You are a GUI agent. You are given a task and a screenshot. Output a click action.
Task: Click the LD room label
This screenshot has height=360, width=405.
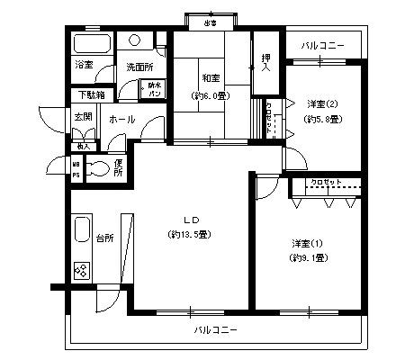[x=191, y=220]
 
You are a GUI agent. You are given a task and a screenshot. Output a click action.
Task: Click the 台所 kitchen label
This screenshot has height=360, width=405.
[x=104, y=238]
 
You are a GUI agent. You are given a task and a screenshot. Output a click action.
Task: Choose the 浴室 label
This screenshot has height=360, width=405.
[x=84, y=66]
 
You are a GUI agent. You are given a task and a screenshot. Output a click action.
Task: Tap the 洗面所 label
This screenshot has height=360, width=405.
[x=138, y=67]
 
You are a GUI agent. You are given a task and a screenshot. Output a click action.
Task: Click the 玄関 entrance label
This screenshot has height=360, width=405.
[x=83, y=117]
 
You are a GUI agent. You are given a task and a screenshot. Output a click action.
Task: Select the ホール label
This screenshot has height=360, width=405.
[x=121, y=118]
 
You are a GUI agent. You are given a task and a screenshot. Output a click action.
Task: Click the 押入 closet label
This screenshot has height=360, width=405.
[x=265, y=64]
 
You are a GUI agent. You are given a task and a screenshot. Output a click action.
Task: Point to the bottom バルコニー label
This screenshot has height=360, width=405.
[x=216, y=330]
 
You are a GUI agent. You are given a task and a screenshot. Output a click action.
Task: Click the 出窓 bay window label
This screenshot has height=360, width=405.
[x=210, y=22]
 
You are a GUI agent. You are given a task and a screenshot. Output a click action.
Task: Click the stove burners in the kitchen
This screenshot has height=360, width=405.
[x=81, y=269]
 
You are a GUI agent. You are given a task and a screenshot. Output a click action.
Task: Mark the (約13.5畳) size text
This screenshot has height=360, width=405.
[x=189, y=235]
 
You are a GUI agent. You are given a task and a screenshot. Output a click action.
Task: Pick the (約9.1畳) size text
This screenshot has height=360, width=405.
[x=306, y=258]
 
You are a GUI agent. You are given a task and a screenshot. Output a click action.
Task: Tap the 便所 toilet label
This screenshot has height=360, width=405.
[x=118, y=168]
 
